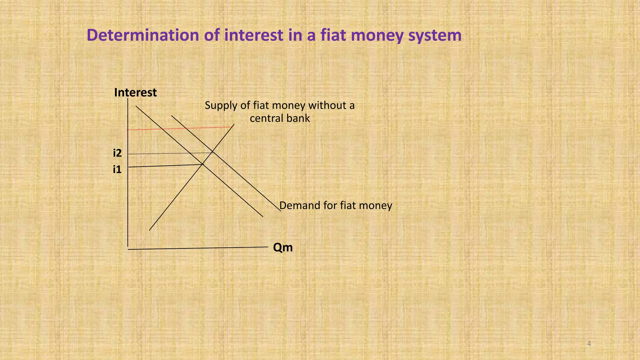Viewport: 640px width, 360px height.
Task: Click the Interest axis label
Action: pos(135,92)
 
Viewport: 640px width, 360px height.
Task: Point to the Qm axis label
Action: pos(283,247)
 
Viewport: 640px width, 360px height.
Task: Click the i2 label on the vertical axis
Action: pos(117,153)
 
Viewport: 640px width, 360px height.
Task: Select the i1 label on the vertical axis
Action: pos(117,170)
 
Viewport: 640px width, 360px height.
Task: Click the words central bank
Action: pos(280,118)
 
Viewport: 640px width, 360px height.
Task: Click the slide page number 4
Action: pos(589,344)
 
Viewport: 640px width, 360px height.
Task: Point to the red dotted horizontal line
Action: pos(178,128)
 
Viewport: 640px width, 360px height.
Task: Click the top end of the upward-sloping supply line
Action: pos(234,124)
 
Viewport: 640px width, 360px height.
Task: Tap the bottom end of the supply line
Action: pos(149,230)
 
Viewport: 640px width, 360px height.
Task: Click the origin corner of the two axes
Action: pos(128,249)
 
